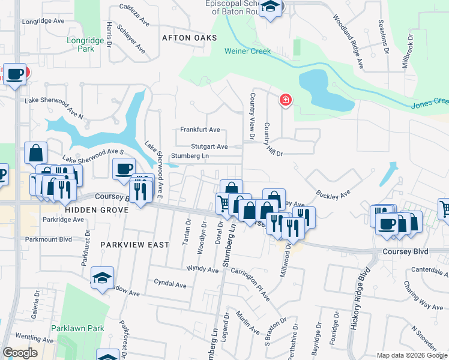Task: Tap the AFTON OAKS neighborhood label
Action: (x=189, y=37)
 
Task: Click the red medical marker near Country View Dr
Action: (x=285, y=100)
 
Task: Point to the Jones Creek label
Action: (x=430, y=103)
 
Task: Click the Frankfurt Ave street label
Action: (x=200, y=130)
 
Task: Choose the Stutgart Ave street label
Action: (x=209, y=146)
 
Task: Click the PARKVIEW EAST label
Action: (x=135, y=245)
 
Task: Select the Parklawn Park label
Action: (x=77, y=328)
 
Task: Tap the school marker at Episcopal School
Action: (x=271, y=8)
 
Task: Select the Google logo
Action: (x=20, y=353)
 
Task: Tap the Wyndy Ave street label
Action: (x=202, y=269)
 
